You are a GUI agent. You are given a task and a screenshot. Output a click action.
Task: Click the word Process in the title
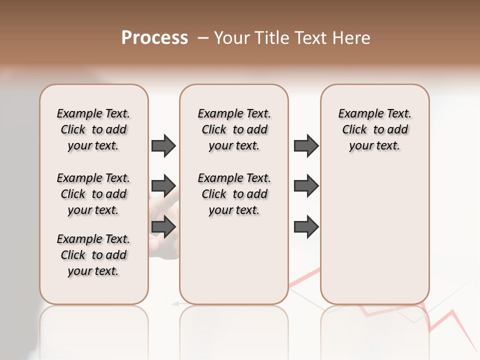[x=154, y=38]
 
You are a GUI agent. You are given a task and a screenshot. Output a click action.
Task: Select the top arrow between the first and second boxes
[x=163, y=146]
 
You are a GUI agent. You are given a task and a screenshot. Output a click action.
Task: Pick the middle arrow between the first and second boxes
[x=163, y=186]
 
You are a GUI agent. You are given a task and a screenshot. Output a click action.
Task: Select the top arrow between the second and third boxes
[x=306, y=146]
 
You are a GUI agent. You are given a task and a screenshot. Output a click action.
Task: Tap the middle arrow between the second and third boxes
[x=306, y=186]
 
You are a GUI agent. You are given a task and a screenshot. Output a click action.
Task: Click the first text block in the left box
[x=93, y=129]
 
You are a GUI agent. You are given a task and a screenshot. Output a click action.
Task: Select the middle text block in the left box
[x=93, y=194]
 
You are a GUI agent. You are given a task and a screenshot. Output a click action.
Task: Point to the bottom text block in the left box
[x=93, y=255]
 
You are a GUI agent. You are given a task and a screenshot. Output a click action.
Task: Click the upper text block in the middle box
[x=234, y=129]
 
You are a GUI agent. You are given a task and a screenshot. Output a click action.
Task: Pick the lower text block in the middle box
[x=234, y=194]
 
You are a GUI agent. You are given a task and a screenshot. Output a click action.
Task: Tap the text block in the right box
[x=374, y=129]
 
